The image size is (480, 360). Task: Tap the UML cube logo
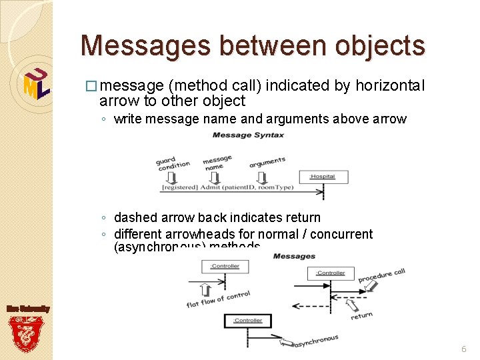36,83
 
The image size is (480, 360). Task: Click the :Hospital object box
323,177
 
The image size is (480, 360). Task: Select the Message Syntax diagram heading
248,135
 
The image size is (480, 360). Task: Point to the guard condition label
173,163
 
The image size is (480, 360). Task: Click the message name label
217,163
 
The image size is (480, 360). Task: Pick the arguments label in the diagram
267,162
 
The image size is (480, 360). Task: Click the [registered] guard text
179,188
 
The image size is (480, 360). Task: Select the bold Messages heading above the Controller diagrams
294,256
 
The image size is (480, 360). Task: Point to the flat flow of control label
218,299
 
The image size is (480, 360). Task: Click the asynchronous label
315,341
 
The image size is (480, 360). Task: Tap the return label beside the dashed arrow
362,315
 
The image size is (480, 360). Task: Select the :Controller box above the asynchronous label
248,321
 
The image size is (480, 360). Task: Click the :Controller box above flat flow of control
225,267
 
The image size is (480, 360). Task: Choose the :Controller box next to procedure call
331,273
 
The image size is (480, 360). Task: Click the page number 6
464,349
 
